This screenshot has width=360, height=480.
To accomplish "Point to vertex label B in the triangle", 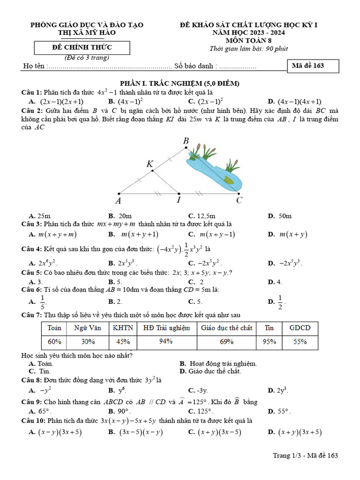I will tap(186, 141).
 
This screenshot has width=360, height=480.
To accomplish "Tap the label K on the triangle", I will tap(150, 164).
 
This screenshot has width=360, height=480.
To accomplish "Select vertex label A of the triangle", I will tap(118, 201).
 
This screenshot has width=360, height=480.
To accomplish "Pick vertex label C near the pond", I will tap(239, 201).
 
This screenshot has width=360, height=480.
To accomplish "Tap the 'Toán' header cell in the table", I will tap(55, 328).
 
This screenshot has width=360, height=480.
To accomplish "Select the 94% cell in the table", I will tap(166, 342).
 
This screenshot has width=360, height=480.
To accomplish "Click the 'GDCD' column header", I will tap(300, 328).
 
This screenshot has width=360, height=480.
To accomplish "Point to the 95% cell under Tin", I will tap(269, 342).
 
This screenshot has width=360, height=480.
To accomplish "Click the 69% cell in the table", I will tap(226, 342).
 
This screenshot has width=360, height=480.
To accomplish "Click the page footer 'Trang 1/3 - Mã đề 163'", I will tap(305, 455).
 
